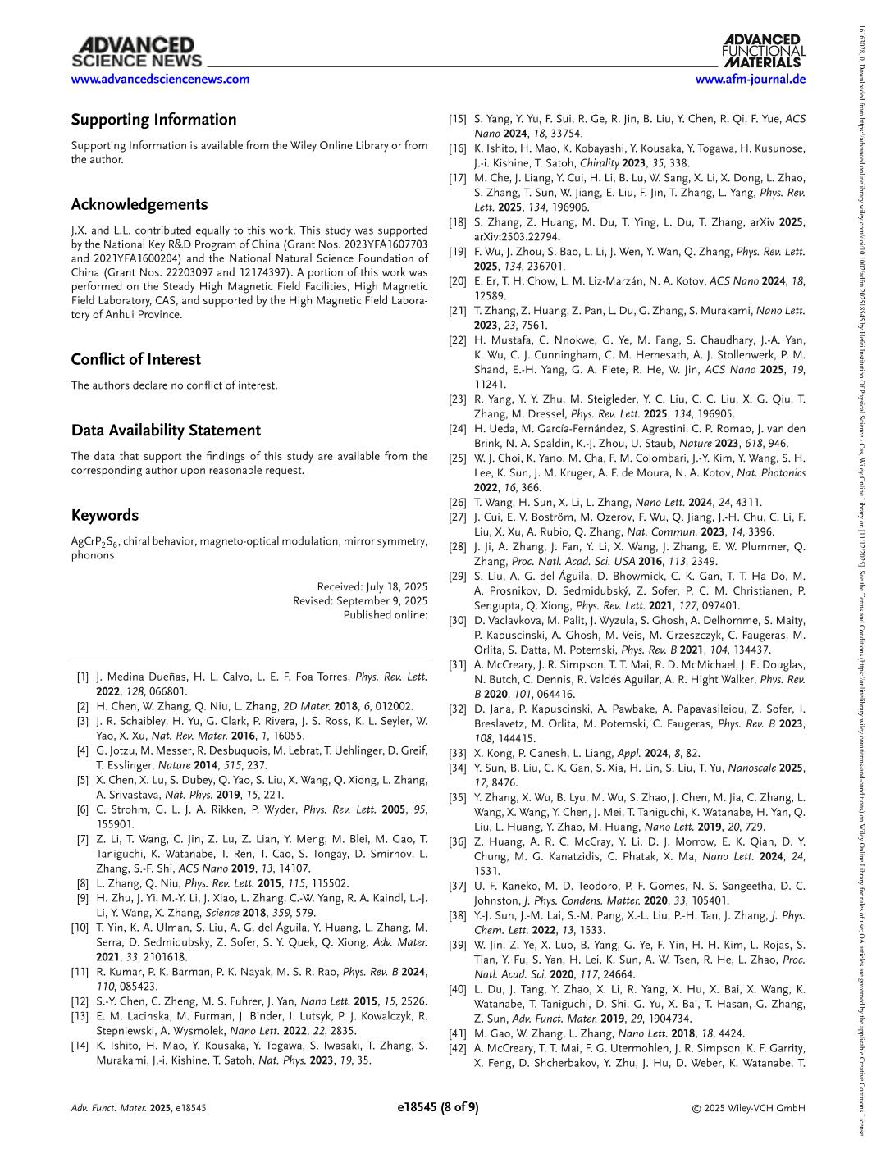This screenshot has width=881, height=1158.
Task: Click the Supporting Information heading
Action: coord(153,120)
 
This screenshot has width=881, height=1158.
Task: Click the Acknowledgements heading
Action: coord(139,205)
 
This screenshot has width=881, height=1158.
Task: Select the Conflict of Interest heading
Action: coord(135,359)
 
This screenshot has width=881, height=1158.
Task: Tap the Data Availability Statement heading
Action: coord(166,431)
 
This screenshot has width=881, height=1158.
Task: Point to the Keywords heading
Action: coord(104,516)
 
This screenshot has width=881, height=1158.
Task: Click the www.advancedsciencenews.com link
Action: coord(160,80)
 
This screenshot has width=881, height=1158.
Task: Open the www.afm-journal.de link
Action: coord(750,80)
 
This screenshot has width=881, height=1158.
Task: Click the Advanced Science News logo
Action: coord(136,52)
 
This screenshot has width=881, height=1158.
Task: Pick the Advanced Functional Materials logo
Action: coord(764,51)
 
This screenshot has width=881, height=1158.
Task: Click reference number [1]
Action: coord(82,677)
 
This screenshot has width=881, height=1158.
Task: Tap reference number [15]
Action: coord(457,120)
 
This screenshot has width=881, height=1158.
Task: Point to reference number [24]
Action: coord(457,429)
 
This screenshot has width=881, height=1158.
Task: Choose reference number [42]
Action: coord(457,1048)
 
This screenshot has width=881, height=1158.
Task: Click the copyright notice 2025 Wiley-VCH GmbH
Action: coord(748,1108)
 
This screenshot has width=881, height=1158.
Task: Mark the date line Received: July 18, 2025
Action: coord(372,587)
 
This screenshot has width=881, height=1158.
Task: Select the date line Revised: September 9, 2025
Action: coord(360,601)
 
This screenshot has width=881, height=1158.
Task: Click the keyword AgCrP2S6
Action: coord(93,542)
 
